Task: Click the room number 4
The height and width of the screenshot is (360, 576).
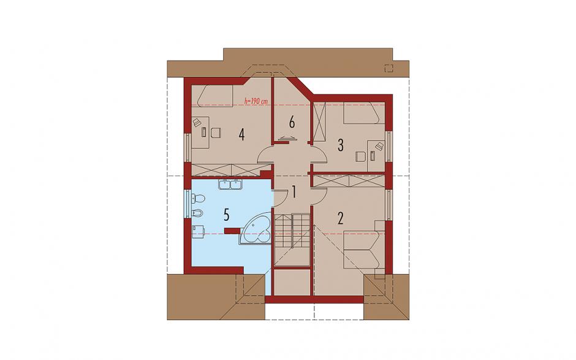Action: (241, 134)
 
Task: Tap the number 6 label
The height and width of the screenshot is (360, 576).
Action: (292, 122)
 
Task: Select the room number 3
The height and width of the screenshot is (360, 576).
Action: (341, 145)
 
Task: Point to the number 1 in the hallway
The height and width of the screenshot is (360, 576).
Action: (294, 191)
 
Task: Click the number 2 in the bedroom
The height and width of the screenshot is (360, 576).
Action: (341, 218)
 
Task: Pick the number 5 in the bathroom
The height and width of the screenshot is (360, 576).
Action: (226, 215)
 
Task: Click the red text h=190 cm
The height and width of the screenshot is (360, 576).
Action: (256, 101)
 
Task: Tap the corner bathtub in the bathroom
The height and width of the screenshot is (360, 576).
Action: (256, 230)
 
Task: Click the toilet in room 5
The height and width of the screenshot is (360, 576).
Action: (198, 199)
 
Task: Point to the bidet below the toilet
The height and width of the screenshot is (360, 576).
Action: (197, 213)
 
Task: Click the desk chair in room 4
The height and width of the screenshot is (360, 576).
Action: (216, 132)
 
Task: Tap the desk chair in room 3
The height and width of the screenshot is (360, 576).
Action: (360, 157)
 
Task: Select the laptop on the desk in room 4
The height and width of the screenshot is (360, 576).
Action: (197, 122)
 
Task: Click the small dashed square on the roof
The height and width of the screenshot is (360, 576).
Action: (388, 68)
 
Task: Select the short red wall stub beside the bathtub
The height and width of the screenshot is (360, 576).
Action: (232, 231)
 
